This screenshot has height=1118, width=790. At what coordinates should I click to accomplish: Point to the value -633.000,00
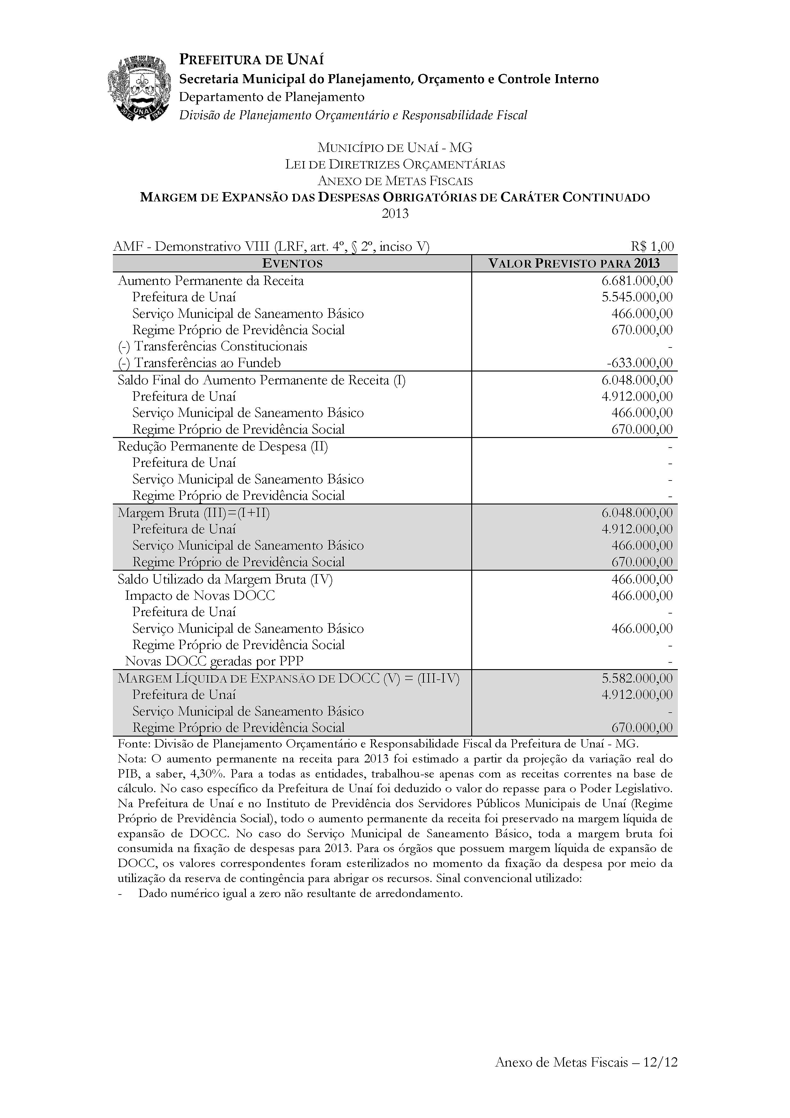[x=639, y=363]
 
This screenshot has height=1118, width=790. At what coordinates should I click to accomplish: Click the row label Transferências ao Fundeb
[x=199, y=363]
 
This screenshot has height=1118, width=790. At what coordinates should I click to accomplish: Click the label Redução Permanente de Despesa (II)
[x=223, y=447]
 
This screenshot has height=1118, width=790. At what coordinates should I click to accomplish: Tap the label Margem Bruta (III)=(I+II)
[x=194, y=513]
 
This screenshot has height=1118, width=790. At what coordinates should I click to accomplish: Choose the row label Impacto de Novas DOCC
[x=200, y=596]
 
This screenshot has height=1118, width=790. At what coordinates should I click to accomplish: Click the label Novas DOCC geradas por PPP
[x=214, y=661]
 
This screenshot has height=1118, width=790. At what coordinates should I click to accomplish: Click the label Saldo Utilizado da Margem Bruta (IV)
[x=225, y=579]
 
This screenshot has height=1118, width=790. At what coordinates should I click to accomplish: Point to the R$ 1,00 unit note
[x=651, y=247]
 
